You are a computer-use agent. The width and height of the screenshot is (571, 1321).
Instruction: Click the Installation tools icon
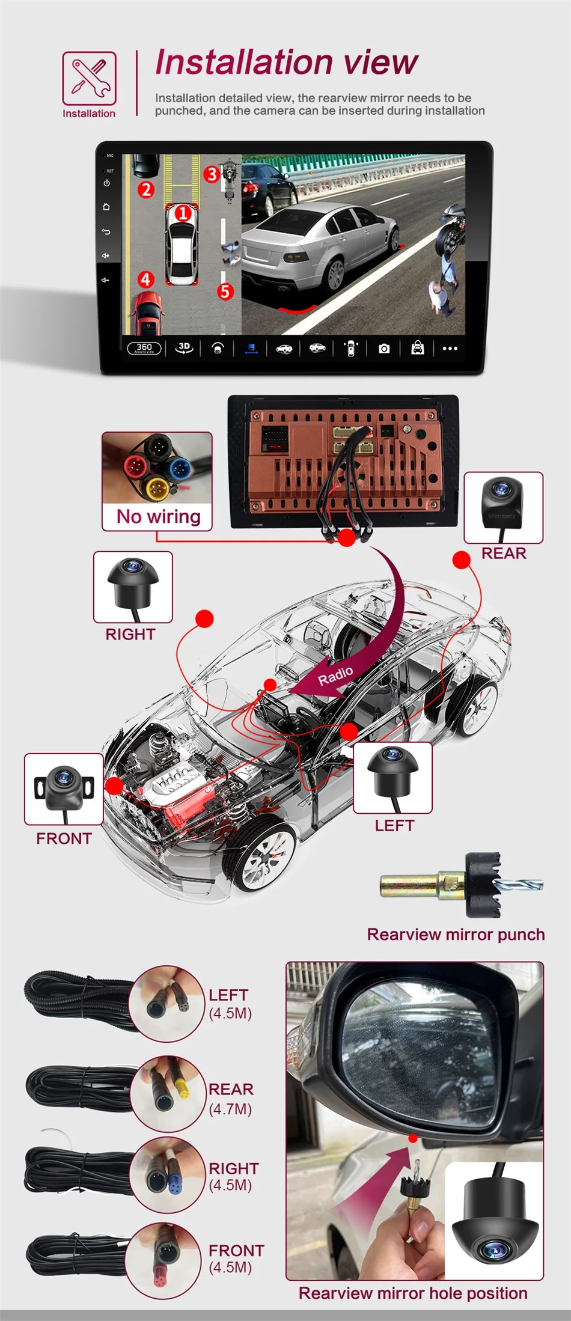[89, 78]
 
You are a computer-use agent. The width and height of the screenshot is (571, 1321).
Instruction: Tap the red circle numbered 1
[183, 213]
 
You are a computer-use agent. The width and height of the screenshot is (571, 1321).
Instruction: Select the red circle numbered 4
[145, 279]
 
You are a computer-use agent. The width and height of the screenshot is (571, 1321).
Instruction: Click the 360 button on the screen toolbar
[144, 348]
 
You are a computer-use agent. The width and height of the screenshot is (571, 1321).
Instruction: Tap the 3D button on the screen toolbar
[184, 348]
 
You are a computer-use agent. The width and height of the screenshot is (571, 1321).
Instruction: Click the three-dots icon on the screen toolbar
[450, 349]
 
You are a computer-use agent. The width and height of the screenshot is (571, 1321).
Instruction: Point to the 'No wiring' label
[158, 517]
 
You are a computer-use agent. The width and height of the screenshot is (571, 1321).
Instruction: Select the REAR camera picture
[503, 507]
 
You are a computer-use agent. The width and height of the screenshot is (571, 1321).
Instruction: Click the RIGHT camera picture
[133, 586]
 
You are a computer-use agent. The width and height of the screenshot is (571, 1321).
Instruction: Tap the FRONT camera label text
[64, 838]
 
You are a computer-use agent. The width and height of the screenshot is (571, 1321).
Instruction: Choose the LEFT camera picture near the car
[392, 777]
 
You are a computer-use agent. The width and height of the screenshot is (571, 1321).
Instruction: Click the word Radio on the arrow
[335, 676]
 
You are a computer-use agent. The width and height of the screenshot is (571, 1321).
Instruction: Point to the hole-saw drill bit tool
[462, 884]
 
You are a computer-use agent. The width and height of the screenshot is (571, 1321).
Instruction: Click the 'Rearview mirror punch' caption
[456, 935]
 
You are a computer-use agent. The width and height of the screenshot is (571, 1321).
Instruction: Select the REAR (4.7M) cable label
[231, 1099]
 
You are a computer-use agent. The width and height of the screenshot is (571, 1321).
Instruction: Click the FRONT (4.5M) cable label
[236, 1258]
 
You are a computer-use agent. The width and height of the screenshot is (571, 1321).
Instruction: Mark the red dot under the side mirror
[413, 1138]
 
